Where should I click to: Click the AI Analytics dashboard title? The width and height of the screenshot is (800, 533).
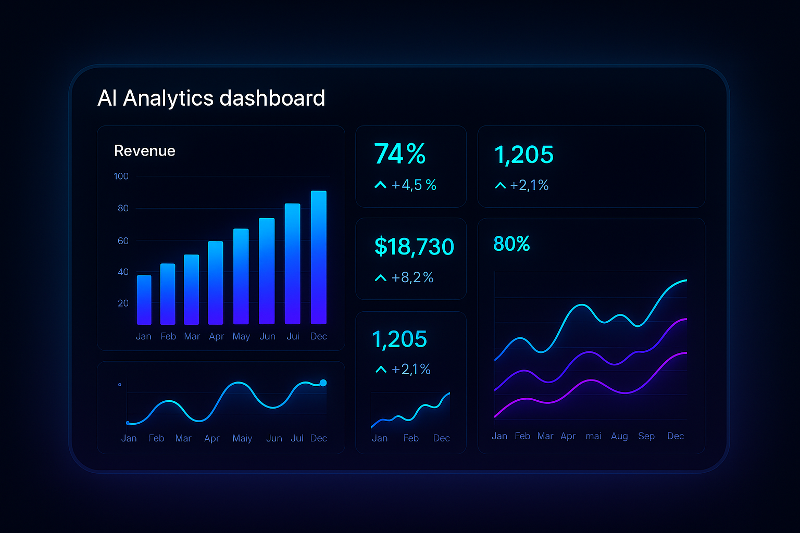pyautogui.click(x=211, y=98)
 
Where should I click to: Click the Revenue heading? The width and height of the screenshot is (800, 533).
pyautogui.click(x=144, y=151)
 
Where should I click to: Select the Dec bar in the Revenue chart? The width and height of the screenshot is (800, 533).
pyautogui.click(x=318, y=258)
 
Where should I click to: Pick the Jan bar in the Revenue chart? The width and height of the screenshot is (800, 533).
pyautogui.click(x=144, y=300)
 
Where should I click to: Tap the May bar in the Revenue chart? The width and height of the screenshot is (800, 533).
pyautogui.click(x=241, y=276)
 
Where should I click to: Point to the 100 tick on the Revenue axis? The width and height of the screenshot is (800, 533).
pyautogui.click(x=121, y=176)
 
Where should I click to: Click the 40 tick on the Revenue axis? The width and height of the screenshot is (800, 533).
pyautogui.click(x=123, y=272)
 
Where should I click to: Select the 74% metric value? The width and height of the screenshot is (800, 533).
pyautogui.click(x=399, y=154)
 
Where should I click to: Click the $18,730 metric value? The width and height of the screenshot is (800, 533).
pyautogui.click(x=414, y=247)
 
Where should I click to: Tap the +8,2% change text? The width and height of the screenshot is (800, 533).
pyautogui.click(x=413, y=277)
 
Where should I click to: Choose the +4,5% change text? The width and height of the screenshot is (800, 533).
pyautogui.click(x=414, y=185)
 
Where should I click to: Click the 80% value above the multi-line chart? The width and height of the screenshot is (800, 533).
pyautogui.click(x=511, y=244)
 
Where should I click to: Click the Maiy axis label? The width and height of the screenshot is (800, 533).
pyautogui.click(x=242, y=438)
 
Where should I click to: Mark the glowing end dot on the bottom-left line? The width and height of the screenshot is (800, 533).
pyautogui.click(x=323, y=383)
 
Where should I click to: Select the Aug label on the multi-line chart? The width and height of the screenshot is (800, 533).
pyautogui.click(x=619, y=436)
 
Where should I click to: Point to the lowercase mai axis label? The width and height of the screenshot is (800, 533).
pyautogui.click(x=593, y=436)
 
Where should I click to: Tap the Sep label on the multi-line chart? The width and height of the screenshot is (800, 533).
pyautogui.click(x=646, y=436)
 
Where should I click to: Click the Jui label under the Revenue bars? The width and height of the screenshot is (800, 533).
pyautogui.click(x=293, y=336)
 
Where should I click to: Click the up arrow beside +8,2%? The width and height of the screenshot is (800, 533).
pyautogui.click(x=381, y=278)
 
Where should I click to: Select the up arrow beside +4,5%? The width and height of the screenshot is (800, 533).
pyautogui.click(x=380, y=185)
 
